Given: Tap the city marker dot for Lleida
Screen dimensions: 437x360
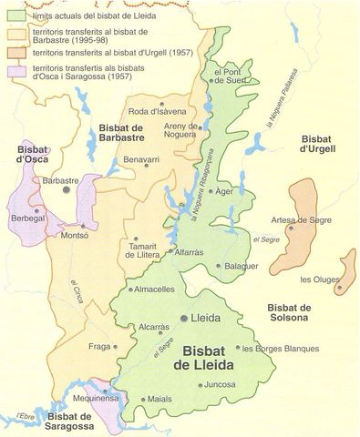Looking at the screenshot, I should pyautogui.click(x=185, y=319).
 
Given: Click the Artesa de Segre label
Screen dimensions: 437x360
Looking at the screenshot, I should pyautogui.click(x=293, y=221).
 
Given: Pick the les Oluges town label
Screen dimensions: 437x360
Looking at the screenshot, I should pyautogui.click(x=319, y=279).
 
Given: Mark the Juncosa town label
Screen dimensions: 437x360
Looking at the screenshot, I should pyautogui.click(x=221, y=384).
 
